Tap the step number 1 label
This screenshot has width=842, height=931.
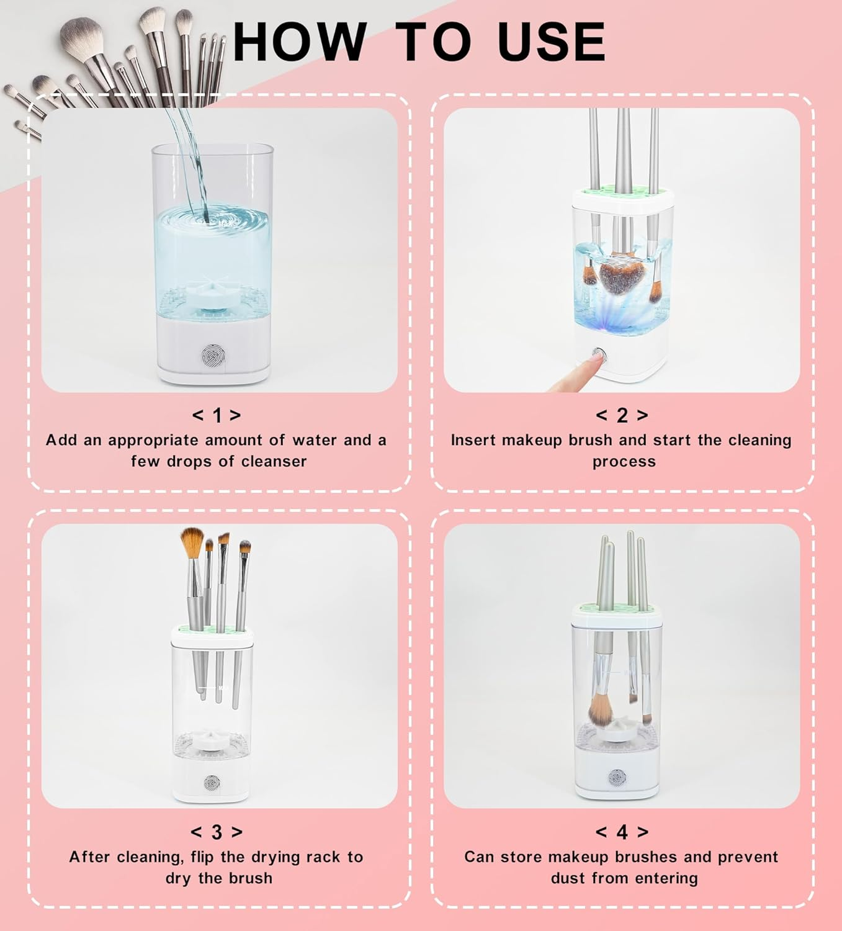click(217, 415)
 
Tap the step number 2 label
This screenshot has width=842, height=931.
click(622, 415)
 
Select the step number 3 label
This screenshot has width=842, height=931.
click(217, 832)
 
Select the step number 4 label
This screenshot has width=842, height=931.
click(622, 832)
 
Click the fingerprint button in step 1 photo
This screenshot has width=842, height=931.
click(213, 356)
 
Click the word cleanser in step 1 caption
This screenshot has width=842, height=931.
click(274, 461)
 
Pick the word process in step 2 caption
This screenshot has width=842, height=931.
click(624, 462)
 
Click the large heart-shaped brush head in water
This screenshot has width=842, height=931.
click(617, 275)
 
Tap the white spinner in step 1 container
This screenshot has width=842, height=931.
click(213, 297)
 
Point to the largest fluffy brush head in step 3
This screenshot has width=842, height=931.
click(192, 542)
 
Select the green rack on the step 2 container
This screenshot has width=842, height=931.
click(622, 191)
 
